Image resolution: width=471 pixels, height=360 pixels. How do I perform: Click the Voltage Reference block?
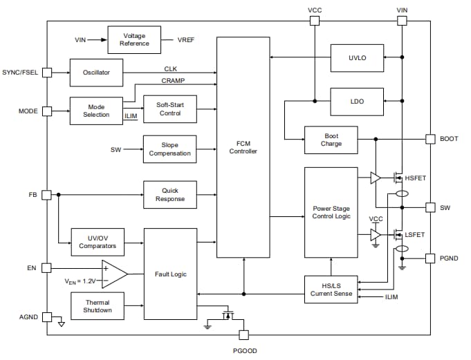134,40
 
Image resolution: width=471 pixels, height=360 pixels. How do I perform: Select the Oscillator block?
96,73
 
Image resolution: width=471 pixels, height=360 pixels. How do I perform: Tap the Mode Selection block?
96,111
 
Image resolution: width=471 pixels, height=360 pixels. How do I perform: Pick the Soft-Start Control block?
169,109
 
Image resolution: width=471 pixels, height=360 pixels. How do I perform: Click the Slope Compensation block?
169,149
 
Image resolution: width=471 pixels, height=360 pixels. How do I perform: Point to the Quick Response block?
169,195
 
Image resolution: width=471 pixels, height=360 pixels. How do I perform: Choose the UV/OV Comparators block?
96,242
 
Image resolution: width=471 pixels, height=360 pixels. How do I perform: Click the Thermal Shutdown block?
97,307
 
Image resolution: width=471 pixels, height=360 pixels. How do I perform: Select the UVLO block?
357,59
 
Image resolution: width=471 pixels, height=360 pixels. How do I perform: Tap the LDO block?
357,102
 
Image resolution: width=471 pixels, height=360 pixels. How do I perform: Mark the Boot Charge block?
331,140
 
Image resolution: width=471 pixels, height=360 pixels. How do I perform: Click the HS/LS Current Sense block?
331,290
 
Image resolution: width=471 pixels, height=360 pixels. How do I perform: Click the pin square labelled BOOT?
430,139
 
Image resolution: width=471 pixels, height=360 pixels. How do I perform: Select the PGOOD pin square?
243,335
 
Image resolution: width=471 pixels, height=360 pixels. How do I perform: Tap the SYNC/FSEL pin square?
47,72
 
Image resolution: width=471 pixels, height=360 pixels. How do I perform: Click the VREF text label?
185,40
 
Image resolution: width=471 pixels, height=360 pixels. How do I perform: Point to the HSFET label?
415,178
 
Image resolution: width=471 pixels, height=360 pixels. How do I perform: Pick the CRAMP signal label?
173,81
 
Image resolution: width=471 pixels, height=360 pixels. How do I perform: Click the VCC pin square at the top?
314,21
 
